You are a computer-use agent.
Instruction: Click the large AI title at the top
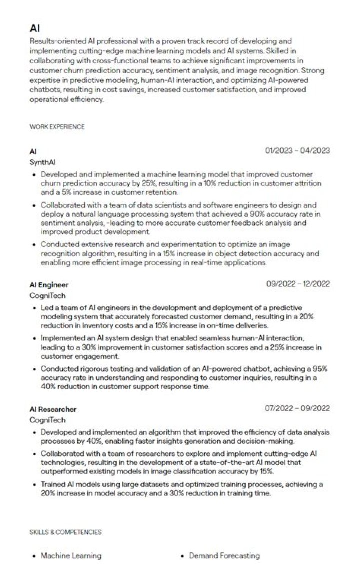click(35, 28)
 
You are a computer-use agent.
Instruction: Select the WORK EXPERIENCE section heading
click(57, 127)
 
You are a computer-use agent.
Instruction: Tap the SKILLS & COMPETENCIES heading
click(65, 532)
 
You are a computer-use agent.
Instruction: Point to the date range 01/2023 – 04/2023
click(297, 150)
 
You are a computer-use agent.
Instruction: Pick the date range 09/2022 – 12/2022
click(298, 284)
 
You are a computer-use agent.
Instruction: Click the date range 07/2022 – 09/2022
click(297, 408)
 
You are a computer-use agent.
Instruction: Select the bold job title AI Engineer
click(49, 285)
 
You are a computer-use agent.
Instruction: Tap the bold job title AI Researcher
click(53, 409)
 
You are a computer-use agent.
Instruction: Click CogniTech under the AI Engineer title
click(47, 296)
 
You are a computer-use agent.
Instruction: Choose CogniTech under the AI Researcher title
click(47, 420)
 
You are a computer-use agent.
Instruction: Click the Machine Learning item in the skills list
click(71, 555)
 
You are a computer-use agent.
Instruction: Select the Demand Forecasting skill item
click(224, 555)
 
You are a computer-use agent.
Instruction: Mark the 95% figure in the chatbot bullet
click(318, 369)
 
